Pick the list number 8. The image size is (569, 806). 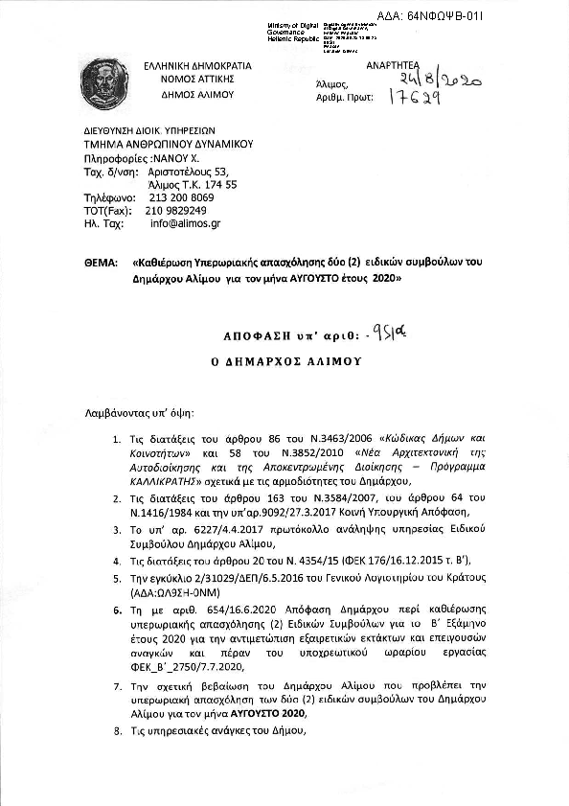[116, 730]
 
